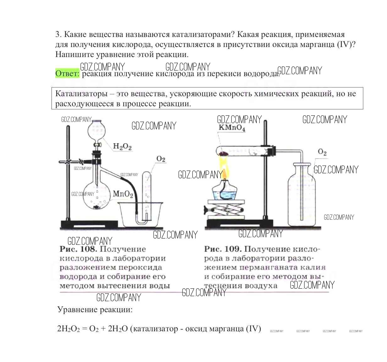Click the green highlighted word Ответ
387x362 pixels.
[x=67, y=73]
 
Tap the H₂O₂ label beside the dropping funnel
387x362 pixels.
[x=122, y=146]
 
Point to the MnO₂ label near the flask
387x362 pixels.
[x=123, y=194]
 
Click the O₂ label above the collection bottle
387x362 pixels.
[x=322, y=152]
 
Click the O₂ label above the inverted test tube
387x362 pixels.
[x=161, y=159]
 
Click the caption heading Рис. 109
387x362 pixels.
[x=223, y=249]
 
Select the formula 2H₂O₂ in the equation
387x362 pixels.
[x=68, y=329]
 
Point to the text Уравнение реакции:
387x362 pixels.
[x=95, y=310]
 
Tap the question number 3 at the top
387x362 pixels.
[x=57, y=34]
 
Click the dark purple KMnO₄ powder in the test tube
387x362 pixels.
[x=223, y=153]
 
